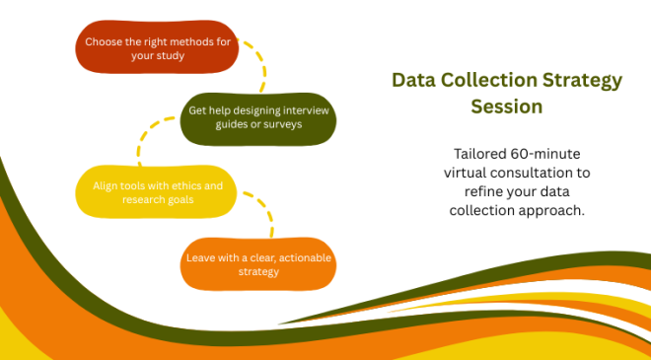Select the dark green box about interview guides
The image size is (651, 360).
click(258, 117)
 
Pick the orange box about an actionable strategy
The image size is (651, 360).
click(259, 263)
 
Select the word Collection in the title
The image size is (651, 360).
click(490, 80)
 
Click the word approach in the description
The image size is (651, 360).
click(561, 210)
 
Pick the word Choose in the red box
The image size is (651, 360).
click(104, 41)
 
